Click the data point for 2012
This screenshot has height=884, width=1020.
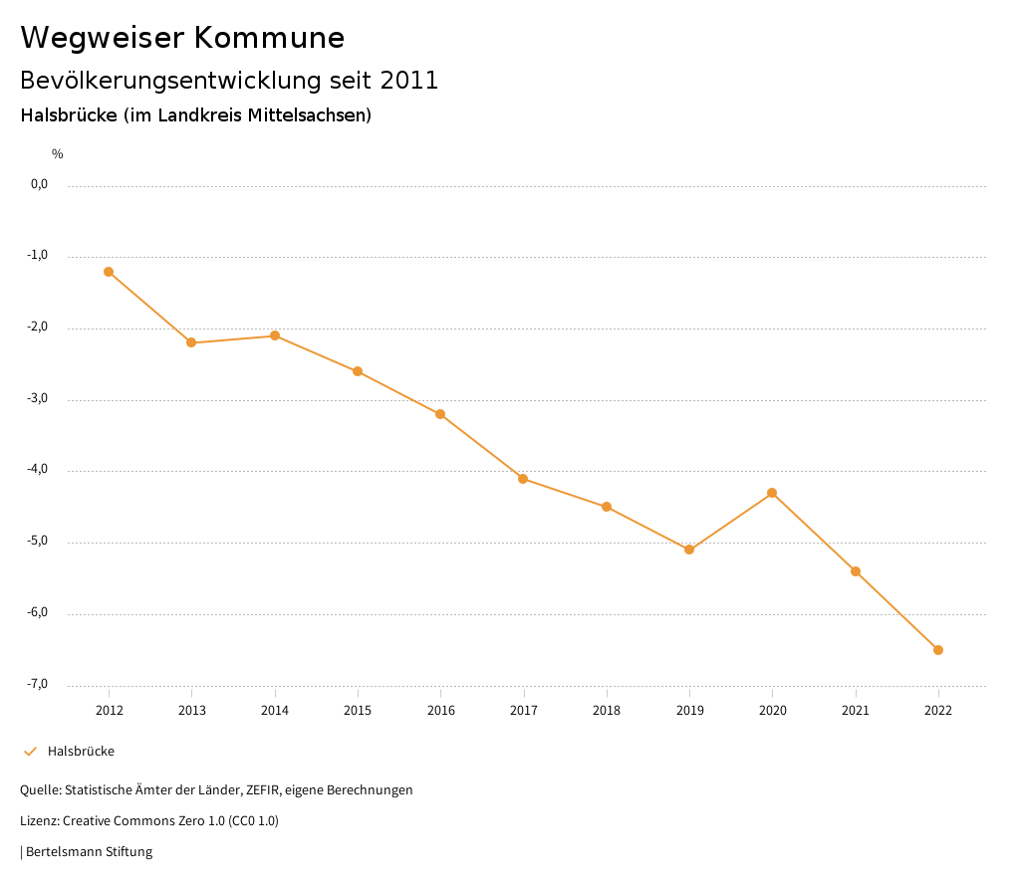(x=109, y=272)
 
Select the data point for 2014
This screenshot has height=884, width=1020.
(x=275, y=335)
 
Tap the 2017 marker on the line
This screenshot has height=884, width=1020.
(x=523, y=479)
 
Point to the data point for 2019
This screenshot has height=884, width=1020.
(x=689, y=550)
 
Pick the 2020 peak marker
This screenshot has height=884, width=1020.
(x=772, y=493)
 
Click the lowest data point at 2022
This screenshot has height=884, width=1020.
(x=938, y=650)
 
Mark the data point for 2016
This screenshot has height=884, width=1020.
(x=440, y=414)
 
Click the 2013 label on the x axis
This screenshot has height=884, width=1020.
(x=192, y=710)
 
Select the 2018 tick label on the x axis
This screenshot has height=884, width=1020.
(x=607, y=710)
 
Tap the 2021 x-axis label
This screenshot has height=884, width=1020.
(x=856, y=710)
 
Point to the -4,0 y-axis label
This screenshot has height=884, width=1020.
(x=38, y=470)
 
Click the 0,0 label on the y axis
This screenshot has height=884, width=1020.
(x=39, y=184)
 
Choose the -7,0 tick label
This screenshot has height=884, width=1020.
(x=38, y=684)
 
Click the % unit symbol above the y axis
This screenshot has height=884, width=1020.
(x=58, y=154)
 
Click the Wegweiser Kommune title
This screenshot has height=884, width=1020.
(x=182, y=38)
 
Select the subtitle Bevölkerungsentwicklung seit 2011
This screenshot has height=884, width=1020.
(x=229, y=81)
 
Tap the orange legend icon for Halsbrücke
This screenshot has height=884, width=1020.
(x=30, y=752)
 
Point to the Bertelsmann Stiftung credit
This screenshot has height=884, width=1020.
(x=89, y=852)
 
